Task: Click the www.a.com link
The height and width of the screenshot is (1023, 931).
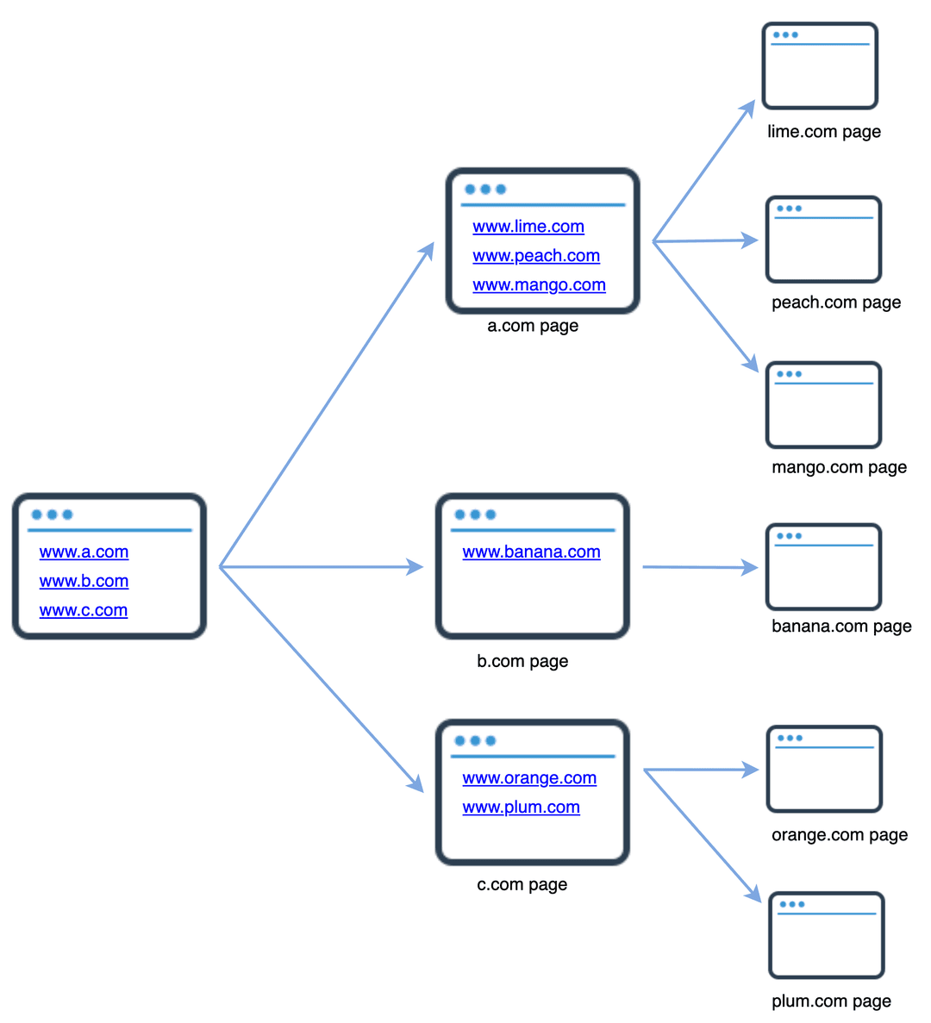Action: tap(84, 552)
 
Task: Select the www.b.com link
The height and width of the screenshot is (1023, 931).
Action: tap(84, 582)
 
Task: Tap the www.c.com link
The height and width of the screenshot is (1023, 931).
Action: tap(84, 611)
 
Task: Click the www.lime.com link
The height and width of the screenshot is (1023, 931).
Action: tap(528, 227)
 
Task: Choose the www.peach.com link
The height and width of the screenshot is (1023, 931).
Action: tap(536, 256)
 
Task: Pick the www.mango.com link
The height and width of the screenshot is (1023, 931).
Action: tap(539, 285)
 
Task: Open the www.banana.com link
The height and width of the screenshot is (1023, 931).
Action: tap(531, 552)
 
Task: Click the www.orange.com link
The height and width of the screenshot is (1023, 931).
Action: tap(529, 778)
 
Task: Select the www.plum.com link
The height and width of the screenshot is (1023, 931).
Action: tap(521, 808)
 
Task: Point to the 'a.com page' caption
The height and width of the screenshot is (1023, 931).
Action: tap(533, 326)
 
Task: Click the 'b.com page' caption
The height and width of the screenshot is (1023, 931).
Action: tap(522, 662)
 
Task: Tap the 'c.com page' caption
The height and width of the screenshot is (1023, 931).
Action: tap(522, 885)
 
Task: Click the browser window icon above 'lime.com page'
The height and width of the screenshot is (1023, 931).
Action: tap(820, 66)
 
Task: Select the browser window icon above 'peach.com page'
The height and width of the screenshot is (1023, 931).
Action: tap(823, 240)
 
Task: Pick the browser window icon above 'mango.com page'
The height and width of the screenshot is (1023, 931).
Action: tap(823, 405)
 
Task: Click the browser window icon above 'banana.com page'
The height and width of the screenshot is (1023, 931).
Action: tap(823, 567)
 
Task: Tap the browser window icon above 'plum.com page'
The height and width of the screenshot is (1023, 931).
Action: tap(826, 936)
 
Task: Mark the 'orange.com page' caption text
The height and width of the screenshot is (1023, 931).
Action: tap(840, 835)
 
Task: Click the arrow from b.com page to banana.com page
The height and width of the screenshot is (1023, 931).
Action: tap(698, 567)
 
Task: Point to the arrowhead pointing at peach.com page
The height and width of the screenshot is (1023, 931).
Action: tap(751, 240)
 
